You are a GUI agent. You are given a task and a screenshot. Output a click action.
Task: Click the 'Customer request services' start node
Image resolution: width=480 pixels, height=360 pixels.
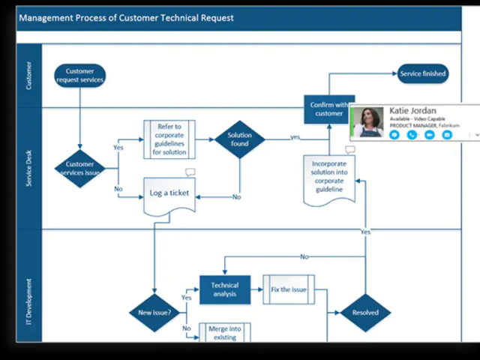click(79, 76)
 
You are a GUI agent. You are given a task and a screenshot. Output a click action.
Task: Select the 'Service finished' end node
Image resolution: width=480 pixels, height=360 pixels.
click(422, 73)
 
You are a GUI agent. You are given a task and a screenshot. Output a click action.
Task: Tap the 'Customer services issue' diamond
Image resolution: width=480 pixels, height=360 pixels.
click(79, 168)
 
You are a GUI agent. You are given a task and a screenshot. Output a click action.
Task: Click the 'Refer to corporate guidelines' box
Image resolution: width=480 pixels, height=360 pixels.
click(169, 139)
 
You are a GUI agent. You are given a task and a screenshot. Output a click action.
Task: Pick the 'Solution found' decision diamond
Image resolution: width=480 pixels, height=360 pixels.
click(239, 139)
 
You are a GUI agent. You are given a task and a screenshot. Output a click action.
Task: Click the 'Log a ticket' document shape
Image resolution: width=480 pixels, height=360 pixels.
click(169, 193)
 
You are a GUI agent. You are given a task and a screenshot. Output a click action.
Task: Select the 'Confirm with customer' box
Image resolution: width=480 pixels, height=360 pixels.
click(328, 109)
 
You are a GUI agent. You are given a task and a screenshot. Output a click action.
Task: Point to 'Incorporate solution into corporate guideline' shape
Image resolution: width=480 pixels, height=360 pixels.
click(328, 177)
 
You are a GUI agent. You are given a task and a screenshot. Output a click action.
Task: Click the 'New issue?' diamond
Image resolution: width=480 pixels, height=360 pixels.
click(154, 312)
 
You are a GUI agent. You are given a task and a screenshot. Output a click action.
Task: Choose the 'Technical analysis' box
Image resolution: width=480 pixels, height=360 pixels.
click(224, 289)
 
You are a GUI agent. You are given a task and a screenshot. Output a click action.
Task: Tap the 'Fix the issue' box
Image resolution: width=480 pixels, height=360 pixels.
click(289, 289)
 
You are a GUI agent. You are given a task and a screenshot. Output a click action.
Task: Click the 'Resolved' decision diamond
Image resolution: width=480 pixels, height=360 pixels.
click(365, 312)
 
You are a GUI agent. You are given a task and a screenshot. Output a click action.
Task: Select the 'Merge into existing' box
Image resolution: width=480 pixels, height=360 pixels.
click(224, 332)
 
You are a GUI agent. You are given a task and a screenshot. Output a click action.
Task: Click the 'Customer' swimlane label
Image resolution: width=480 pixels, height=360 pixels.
click(29, 76)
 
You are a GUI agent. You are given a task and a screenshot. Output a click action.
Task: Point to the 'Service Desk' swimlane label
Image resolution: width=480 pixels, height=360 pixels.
click(29, 168)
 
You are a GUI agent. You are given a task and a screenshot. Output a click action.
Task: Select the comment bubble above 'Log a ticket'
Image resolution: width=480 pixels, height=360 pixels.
click(190, 172)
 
